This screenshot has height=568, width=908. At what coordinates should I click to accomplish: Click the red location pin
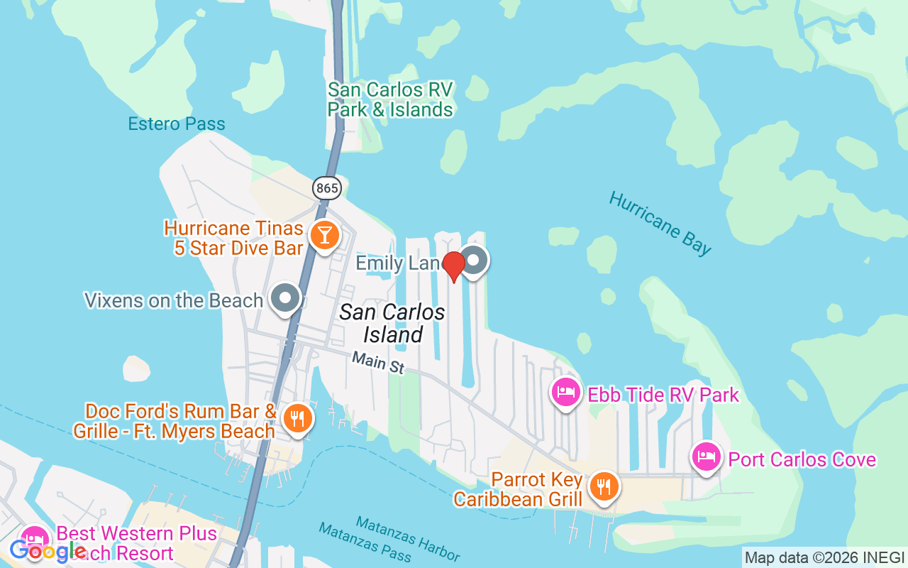pyautogui.click(x=453, y=266)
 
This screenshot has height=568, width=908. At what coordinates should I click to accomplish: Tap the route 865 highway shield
pyautogui.click(x=327, y=188)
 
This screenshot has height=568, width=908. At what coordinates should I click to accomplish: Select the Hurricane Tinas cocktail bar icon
pyautogui.click(x=325, y=235)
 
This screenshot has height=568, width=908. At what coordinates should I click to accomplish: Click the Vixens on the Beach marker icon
pyautogui.click(x=286, y=298)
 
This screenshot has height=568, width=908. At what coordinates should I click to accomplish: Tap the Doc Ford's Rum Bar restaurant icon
pyautogui.click(x=297, y=418)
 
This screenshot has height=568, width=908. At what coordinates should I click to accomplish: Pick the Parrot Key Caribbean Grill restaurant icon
pyautogui.click(x=604, y=486)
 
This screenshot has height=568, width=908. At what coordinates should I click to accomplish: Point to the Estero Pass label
pyautogui.click(x=177, y=124)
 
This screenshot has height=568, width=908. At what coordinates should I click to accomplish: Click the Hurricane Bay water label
pyautogui.click(x=660, y=223)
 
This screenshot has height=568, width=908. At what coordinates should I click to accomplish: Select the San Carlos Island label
pyautogui.click(x=392, y=323)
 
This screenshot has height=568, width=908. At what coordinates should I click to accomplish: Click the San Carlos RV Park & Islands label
pyautogui.click(x=389, y=100)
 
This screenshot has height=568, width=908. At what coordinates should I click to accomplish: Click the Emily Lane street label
pyautogui.click(x=397, y=263)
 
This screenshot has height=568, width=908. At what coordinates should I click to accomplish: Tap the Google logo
pyautogui.click(x=47, y=551)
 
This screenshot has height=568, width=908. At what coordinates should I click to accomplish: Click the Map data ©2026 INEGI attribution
pyautogui.click(x=824, y=557)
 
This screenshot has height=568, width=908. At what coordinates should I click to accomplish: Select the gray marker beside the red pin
pyautogui.click(x=473, y=261)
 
